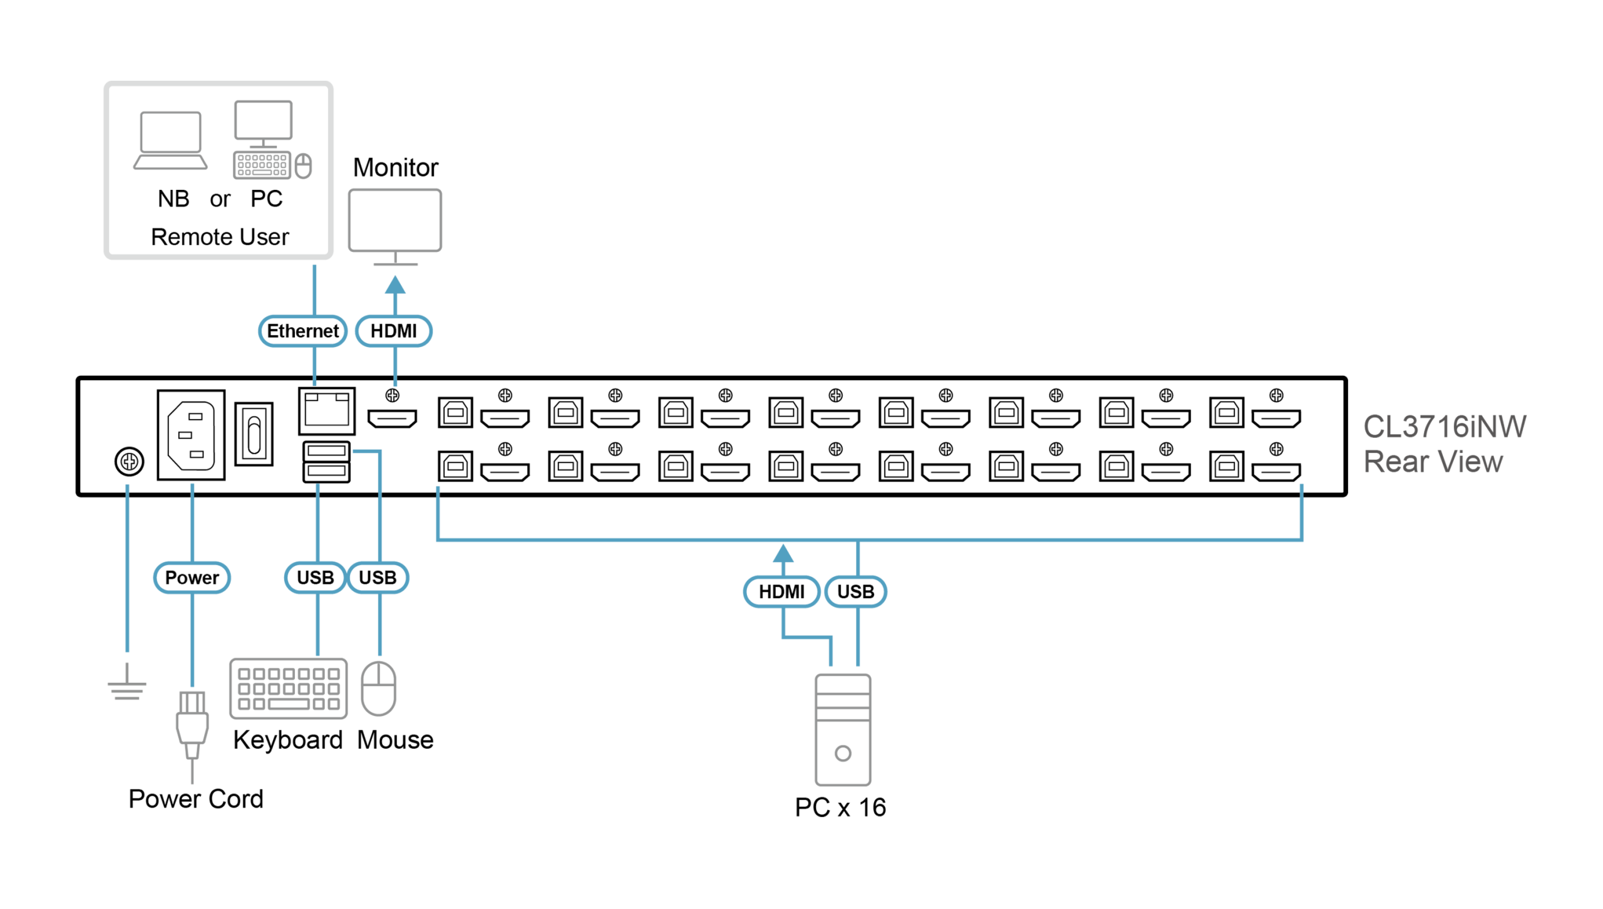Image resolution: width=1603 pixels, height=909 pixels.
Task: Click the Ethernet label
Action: pyautogui.click(x=302, y=331)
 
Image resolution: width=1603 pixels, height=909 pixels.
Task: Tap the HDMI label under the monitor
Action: pyautogui.click(x=393, y=331)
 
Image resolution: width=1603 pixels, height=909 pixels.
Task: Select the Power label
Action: pyautogui.click(x=192, y=578)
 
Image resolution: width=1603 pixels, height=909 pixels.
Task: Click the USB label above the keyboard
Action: pyautogui.click(x=315, y=578)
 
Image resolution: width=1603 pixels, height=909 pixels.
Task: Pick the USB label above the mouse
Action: pyautogui.click(x=378, y=578)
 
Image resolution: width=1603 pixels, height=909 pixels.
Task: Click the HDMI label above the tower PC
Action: pyautogui.click(x=781, y=591)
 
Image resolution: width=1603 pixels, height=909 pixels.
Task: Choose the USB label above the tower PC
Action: pyautogui.click(x=855, y=591)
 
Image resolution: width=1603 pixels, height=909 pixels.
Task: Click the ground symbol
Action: pyautogui.click(x=127, y=685)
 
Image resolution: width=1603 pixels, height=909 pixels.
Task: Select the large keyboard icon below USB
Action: pyautogui.click(x=289, y=688)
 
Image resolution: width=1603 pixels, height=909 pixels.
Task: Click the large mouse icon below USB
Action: pyautogui.click(x=379, y=688)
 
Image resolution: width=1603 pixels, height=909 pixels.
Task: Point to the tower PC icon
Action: pyautogui.click(x=843, y=730)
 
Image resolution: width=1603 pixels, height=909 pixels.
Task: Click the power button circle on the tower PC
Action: pyautogui.click(x=843, y=754)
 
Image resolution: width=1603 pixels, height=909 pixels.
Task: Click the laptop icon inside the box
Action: pyautogui.click(x=170, y=140)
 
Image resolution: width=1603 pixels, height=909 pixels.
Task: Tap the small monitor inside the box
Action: pyautogui.click(x=263, y=123)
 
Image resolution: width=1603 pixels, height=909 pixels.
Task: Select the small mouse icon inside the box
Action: pyautogui.click(x=303, y=166)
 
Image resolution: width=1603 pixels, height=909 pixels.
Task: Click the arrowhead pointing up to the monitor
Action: pyautogui.click(x=395, y=285)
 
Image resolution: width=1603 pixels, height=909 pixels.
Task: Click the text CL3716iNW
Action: pyautogui.click(x=1445, y=427)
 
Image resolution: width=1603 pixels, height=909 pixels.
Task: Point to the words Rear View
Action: pyautogui.click(x=1433, y=462)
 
